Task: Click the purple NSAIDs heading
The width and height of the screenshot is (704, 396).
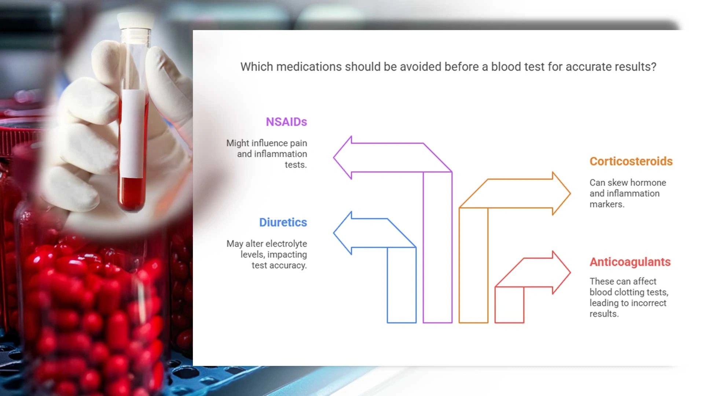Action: (x=286, y=122)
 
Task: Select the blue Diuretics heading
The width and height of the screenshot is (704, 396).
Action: (x=283, y=222)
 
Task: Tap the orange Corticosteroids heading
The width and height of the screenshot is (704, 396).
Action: (x=631, y=161)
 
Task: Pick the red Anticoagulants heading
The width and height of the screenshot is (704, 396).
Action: (x=630, y=262)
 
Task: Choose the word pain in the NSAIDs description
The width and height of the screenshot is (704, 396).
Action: (x=298, y=143)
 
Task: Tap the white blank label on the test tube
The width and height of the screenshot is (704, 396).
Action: (x=132, y=134)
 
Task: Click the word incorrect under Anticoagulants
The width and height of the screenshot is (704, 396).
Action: (x=648, y=303)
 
